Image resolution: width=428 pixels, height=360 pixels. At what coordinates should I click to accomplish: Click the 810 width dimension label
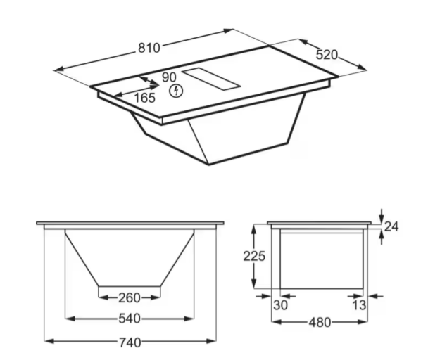(149, 48)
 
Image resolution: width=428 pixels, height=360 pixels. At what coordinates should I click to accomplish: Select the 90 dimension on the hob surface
(169, 77)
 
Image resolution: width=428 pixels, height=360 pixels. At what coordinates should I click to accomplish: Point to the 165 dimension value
(144, 98)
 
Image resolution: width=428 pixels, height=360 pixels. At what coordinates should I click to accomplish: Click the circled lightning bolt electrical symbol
(176, 90)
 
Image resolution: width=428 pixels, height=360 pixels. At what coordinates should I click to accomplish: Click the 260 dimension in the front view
(129, 296)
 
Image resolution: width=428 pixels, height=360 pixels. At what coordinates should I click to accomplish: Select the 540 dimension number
(129, 319)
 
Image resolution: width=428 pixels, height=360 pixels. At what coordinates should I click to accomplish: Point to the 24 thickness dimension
(392, 226)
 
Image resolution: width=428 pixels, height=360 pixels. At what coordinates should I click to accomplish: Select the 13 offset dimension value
(359, 305)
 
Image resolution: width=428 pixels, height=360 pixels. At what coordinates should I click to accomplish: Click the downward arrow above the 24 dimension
(381, 214)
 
